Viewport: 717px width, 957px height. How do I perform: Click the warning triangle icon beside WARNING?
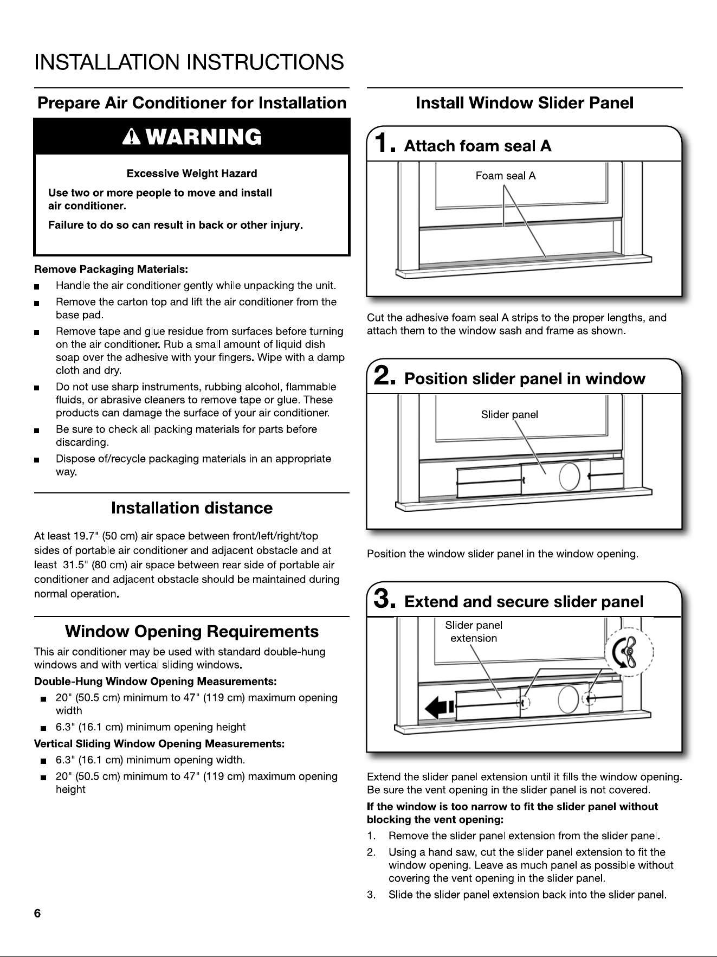point(132,138)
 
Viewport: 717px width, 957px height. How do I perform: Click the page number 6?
point(37,913)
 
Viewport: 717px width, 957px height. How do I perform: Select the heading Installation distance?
point(192,508)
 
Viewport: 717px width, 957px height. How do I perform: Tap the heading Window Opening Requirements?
point(192,632)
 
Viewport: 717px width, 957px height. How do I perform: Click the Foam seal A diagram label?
point(506,176)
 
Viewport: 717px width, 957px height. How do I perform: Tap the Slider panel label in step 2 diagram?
point(509,415)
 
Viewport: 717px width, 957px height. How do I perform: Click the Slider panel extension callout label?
point(474,632)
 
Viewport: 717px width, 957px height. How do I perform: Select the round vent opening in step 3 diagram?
point(567,699)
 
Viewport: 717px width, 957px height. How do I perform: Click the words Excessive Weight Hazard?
point(192,174)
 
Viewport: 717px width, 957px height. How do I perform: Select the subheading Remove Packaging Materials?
point(111,269)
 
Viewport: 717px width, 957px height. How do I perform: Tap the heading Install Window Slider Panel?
point(525,103)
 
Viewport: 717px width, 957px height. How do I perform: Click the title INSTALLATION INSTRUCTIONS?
point(189,62)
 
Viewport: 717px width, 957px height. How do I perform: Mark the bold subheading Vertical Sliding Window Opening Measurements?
point(159,743)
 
